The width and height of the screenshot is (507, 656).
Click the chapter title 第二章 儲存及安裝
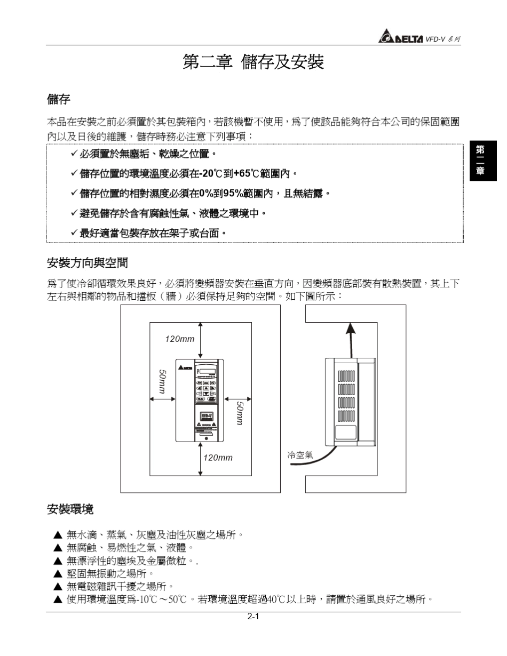pyautogui.click(x=253, y=62)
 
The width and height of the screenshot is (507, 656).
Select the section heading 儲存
pyautogui.click(x=59, y=99)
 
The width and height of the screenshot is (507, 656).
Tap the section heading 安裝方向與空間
pyautogui.click(x=88, y=262)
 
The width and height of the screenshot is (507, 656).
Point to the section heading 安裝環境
pyautogui.click(x=70, y=509)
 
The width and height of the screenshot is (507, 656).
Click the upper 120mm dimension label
pyautogui.click(x=179, y=339)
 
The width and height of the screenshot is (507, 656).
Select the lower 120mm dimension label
pyautogui.click(x=218, y=458)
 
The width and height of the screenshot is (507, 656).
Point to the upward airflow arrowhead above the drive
pyautogui.click(x=350, y=327)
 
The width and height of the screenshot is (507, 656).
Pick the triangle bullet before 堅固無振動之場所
pyautogui.click(x=58, y=574)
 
